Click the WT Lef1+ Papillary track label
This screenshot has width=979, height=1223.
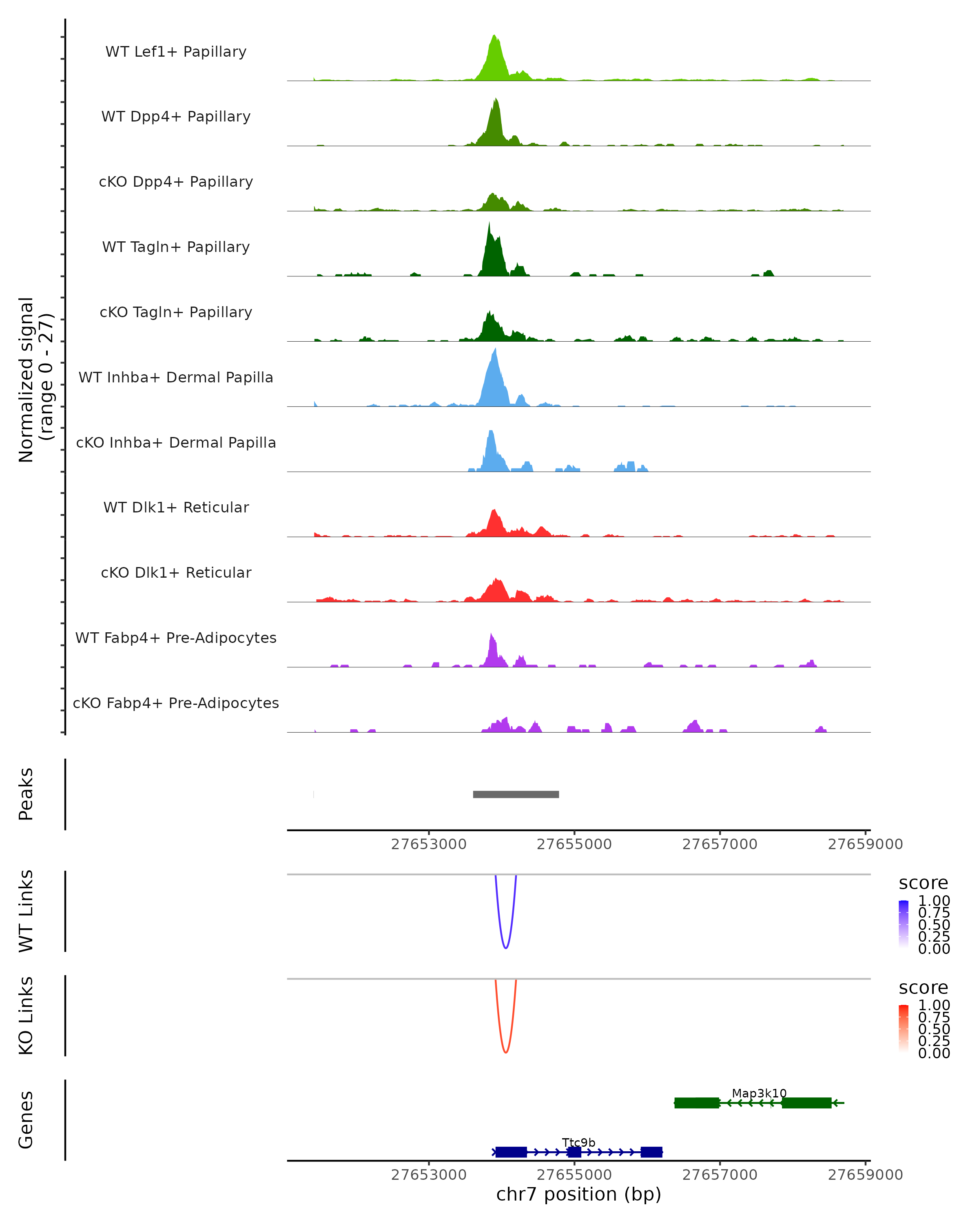point(176,52)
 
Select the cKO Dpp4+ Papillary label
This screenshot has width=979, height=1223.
point(176,181)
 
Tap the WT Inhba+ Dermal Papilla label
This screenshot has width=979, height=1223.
point(176,377)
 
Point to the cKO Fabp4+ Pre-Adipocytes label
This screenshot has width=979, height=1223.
point(176,703)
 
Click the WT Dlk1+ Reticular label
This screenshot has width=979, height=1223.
point(176,507)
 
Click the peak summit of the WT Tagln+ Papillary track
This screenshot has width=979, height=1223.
point(489,225)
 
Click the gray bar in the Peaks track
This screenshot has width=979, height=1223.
point(516,794)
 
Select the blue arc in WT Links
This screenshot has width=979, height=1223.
point(506,947)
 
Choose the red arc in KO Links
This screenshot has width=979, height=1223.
point(506,1052)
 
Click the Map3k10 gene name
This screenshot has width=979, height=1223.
point(759,1093)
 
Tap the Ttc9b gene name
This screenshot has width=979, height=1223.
point(578,1142)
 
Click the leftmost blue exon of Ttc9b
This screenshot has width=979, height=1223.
point(511,1152)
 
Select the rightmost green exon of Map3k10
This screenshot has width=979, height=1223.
point(806,1103)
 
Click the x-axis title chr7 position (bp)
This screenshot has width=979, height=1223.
point(578,1194)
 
